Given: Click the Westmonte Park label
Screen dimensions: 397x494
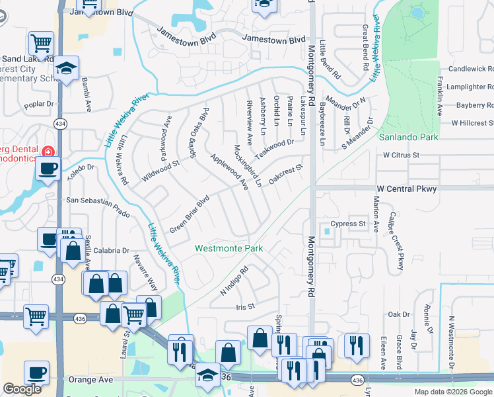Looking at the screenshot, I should click(x=229, y=249).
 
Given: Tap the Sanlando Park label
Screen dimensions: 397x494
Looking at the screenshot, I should click(x=408, y=138).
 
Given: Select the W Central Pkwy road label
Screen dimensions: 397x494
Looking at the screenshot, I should click(x=402, y=189).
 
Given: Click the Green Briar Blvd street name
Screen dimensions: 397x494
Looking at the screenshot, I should click(x=190, y=213).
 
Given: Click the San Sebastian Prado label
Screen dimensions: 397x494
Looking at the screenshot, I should click(x=98, y=199).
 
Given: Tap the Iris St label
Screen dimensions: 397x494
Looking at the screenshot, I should click(x=245, y=308).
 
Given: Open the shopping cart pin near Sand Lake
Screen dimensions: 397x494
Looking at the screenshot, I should click(x=42, y=44).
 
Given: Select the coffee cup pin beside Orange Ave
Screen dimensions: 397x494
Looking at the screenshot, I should click(x=36, y=373).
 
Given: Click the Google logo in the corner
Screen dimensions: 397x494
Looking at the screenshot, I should click(x=22, y=390).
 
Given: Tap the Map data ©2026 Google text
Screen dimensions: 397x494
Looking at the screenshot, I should click(x=452, y=392).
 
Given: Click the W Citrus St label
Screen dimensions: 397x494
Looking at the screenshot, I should click(x=402, y=155).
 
